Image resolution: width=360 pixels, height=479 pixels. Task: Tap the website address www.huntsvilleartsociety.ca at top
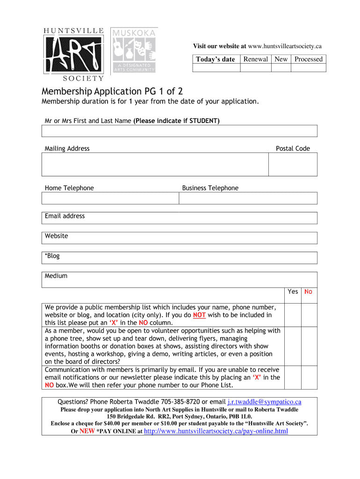285,46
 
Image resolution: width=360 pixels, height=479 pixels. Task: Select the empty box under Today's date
216,68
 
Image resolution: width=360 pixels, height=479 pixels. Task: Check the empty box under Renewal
256,68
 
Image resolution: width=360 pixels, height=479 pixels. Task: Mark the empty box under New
281,68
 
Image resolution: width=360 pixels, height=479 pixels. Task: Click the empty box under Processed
309,68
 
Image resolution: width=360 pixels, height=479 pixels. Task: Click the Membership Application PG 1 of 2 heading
112,91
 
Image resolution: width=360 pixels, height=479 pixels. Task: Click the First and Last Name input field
180,131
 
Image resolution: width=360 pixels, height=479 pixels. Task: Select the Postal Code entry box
293,164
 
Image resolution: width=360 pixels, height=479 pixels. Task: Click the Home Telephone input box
110,198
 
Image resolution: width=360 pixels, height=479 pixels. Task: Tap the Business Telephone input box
248,198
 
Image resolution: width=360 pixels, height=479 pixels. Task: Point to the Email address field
180,218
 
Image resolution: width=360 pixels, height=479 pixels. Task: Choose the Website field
180,238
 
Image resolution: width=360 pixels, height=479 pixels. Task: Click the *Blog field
180,258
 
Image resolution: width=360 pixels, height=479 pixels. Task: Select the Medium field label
56,276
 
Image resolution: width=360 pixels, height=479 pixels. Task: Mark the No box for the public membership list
309,314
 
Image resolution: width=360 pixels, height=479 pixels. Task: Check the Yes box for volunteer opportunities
293,346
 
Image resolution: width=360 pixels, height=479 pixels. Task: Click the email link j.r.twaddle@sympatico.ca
264,402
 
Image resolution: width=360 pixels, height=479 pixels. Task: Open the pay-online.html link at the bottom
216,431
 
